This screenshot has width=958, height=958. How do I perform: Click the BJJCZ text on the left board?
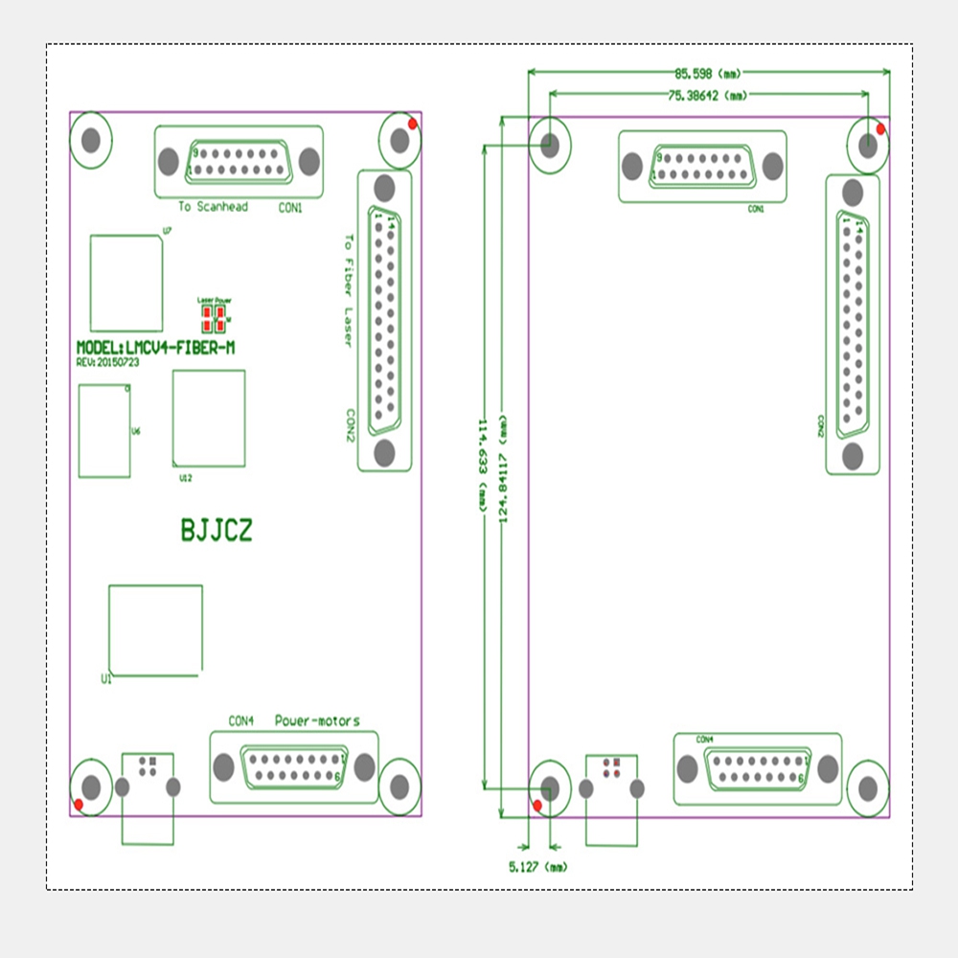[217, 531]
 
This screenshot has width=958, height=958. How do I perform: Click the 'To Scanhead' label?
[213, 207]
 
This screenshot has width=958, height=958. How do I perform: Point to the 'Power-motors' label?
[317, 720]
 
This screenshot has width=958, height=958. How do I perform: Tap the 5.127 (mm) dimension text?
[536, 867]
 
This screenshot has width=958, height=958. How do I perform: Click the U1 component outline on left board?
[155, 629]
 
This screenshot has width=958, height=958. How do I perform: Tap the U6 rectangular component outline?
[104, 430]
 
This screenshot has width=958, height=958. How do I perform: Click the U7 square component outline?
[126, 283]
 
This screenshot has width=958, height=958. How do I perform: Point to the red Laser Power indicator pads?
[214, 316]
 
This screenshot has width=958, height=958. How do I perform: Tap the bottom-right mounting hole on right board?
[868, 788]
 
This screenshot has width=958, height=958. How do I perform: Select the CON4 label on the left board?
[240, 720]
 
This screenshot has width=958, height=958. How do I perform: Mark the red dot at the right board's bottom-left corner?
[537, 805]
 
